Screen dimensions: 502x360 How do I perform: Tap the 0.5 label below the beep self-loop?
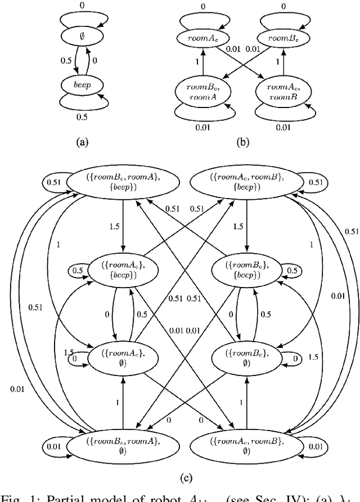tap(83, 117)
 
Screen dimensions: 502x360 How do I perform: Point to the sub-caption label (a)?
tap(83, 142)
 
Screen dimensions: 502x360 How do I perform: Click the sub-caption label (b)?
tap(242, 142)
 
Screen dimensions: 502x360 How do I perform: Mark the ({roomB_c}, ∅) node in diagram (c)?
tap(246, 358)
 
